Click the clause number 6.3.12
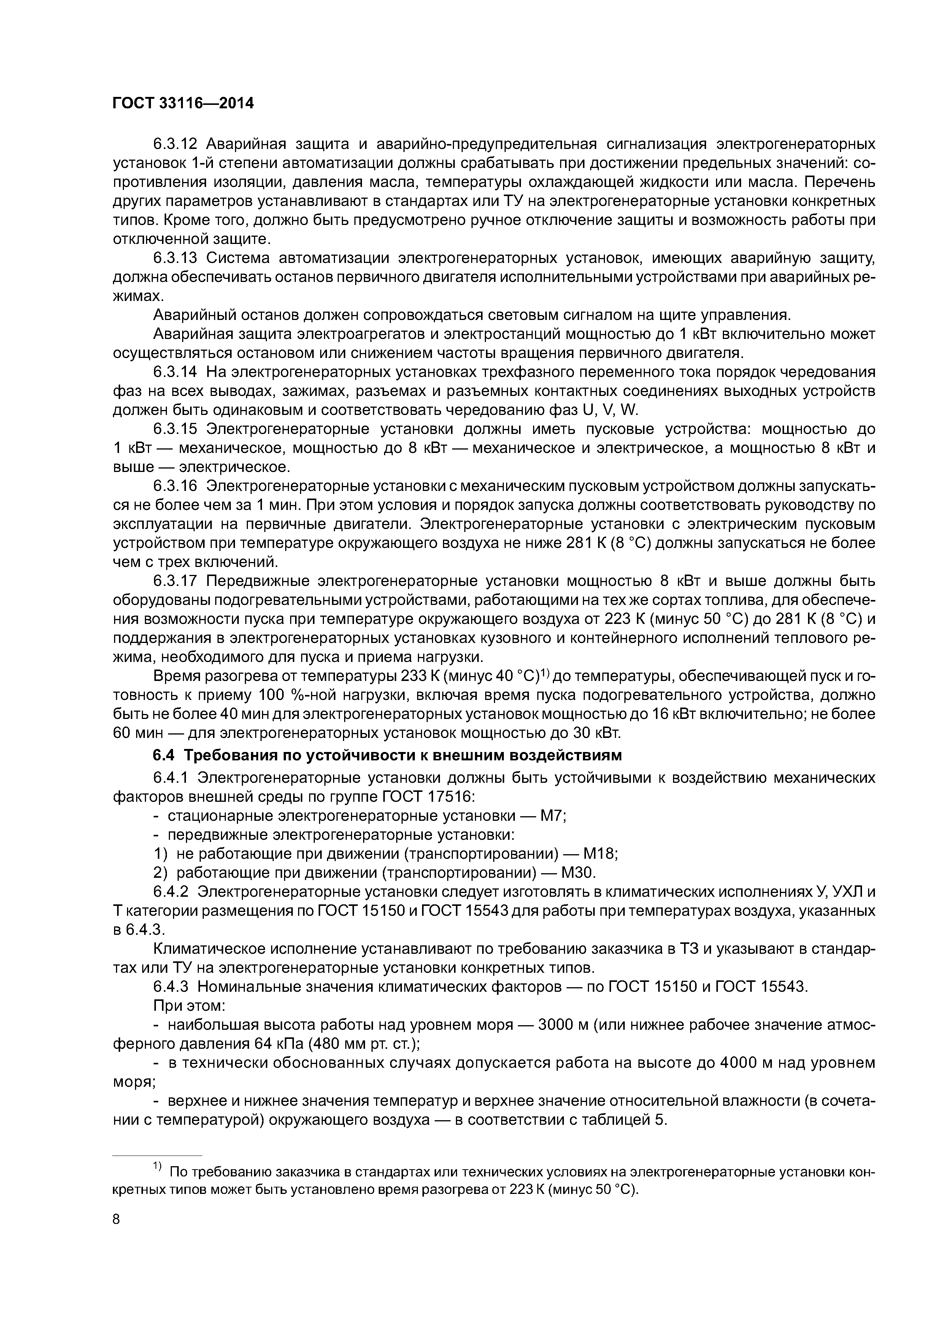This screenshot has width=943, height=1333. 176,143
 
